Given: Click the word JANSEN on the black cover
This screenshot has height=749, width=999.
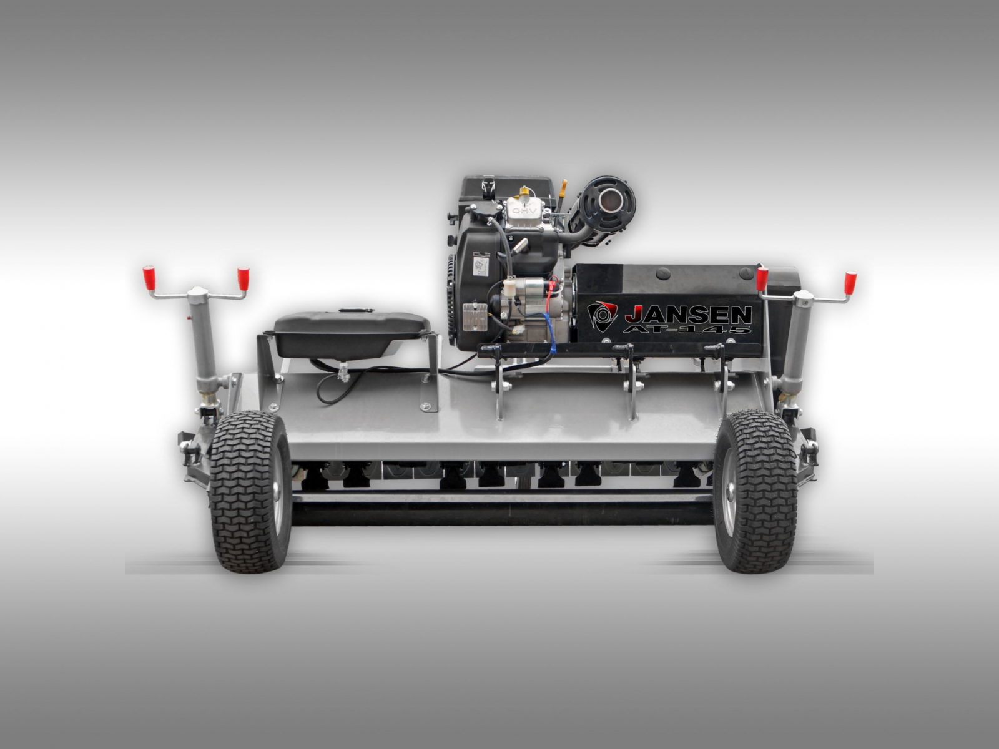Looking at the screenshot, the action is tap(688, 314).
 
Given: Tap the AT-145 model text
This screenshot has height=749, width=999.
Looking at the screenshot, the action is tap(687, 328).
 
